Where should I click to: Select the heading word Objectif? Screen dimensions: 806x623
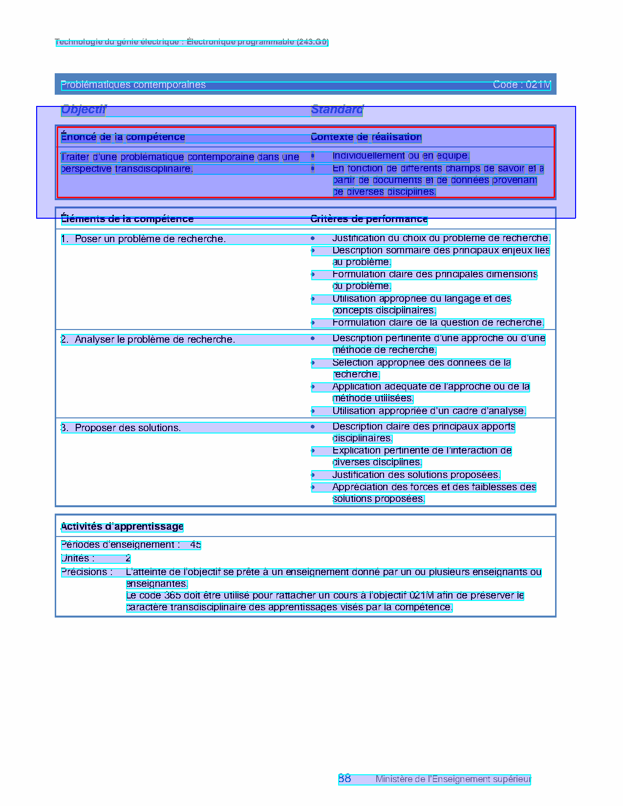click(84, 110)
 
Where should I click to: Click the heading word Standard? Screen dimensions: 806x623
click(337, 110)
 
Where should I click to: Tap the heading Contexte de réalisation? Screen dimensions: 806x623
click(366, 137)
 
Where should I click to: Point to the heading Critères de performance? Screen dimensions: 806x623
click(369, 219)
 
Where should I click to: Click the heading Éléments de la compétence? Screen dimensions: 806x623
click(127, 219)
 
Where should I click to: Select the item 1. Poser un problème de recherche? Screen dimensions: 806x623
click(143, 239)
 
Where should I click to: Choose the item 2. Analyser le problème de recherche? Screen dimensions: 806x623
click(148, 340)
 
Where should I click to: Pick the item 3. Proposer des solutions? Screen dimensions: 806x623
click(121, 428)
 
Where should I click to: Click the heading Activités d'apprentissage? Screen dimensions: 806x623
click(122, 527)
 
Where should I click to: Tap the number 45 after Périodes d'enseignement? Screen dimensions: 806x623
click(195, 545)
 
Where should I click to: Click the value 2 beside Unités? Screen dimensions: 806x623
click(128, 558)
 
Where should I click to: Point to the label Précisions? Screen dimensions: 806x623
click(86, 572)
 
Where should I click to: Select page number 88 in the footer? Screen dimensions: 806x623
click(344, 779)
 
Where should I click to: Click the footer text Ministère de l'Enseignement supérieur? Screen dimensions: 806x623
click(453, 780)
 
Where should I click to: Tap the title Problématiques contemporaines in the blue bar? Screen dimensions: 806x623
click(133, 85)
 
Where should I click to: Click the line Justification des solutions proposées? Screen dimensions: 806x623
click(416, 475)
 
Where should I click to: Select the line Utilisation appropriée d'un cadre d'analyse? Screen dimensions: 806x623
click(429, 411)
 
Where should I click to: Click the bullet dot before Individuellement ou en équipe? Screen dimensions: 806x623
click(313, 156)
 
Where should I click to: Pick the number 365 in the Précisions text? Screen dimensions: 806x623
click(172, 596)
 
